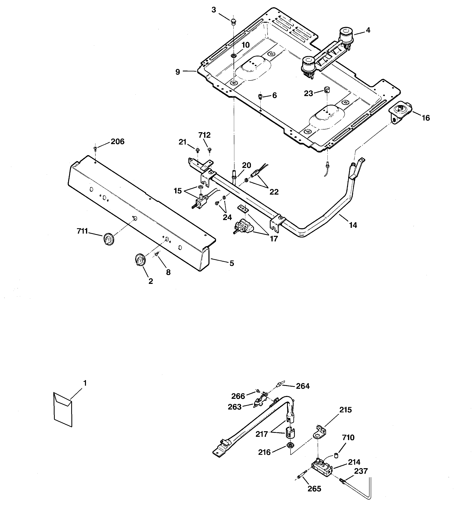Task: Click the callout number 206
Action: (x=117, y=142)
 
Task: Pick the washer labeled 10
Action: (x=233, y=55)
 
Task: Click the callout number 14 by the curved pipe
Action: (x=353, y=225)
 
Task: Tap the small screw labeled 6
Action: (x=260, y=96)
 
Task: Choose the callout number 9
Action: (x=177, y=72)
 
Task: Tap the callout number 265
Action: (x=314, y=489)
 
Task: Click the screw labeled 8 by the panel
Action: (x=157, y=253)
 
